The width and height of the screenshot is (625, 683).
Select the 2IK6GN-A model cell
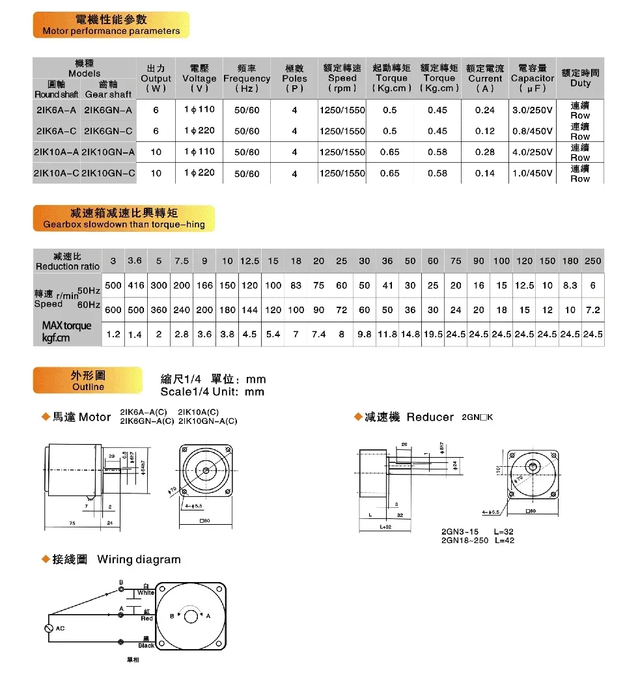point(108,111)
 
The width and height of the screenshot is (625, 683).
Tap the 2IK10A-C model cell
point(57,173)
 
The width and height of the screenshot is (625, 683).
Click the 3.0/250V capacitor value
point(532,110)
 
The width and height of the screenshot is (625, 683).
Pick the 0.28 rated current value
point(484,152)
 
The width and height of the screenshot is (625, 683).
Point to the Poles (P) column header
point(294,78)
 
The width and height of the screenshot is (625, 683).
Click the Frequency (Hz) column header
point(247,78)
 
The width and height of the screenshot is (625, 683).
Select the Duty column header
point(580,78)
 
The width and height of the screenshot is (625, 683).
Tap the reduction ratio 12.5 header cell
point(250,261)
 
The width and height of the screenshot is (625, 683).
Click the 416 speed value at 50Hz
point(135,286)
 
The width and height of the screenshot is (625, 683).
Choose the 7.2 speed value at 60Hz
point(592,310)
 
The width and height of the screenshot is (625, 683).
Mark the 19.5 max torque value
point(433,334)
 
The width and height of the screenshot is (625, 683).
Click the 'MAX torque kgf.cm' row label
point(66,331)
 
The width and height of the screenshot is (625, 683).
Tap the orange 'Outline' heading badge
point(88,381)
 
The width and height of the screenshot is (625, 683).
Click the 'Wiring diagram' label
point(139,559)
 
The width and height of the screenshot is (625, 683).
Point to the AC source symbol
point(48,628)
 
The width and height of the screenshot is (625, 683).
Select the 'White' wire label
point(146,592)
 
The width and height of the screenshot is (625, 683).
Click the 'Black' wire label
point(146,645)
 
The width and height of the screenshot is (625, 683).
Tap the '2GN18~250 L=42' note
point(477,540)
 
